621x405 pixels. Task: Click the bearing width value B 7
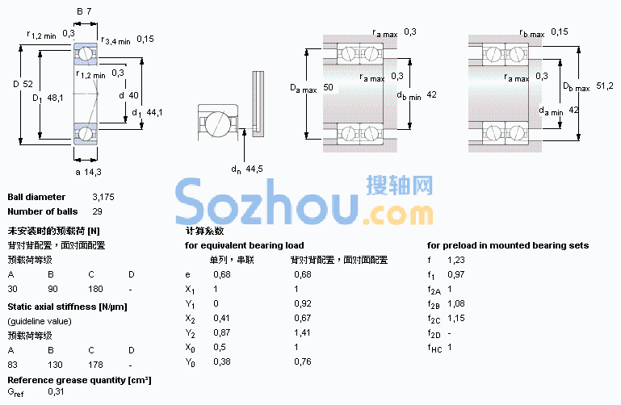[84, 11]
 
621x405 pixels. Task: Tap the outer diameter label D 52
[23, 84]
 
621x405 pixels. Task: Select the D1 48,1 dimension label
[48, 98]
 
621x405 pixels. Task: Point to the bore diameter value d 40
[128, 95]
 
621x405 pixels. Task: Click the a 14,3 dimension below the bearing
[88, 172]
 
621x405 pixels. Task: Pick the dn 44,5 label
[247, 169]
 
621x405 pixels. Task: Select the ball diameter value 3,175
[103, 197]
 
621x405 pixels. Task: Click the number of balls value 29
[97, 211]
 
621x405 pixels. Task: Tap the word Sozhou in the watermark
[267, 202]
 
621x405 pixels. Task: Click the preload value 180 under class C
[95, 289]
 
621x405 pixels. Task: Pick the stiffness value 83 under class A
[13, 365]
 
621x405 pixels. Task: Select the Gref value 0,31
[56, 391]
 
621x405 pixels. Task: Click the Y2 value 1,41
[302, 332]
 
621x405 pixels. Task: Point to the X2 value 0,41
[221, 318]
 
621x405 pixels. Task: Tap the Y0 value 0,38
[221, 361]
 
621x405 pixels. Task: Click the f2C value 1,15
[455, 318]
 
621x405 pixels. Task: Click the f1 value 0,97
[455, 274]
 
